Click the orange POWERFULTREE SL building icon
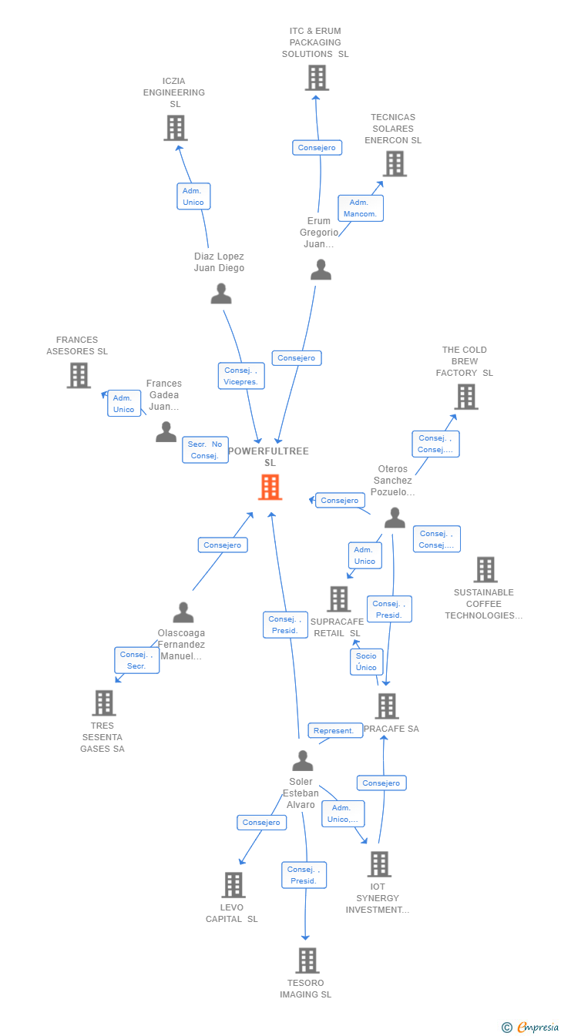(x=270, y=487)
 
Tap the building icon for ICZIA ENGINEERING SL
(x=176, y=128)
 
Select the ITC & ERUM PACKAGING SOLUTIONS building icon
(x=317, y=78)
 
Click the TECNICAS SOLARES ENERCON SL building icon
(x=395, y=163)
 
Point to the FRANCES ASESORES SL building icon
(x=79, y=375)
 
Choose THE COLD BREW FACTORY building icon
(x=466, y=397)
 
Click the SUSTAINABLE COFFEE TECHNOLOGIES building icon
(x=485, y=569)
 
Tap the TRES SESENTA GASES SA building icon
(x=104, y=702)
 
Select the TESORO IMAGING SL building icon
(x=307, y=961)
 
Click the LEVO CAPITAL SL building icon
(x=233, y=885)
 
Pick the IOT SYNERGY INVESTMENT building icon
(x=378, y=864)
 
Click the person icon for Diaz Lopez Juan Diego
(x=221, y=293)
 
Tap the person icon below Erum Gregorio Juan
(x=321, y=270)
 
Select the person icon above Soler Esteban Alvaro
(x=303, y=760)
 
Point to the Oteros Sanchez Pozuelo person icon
(x=395, y=518)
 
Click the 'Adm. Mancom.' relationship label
(x=361, y=208)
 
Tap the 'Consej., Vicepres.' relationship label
(x=241, y=376)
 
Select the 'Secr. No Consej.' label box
(x=206, y=450)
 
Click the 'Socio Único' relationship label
(x=366, y=662)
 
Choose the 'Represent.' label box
(x=334, y=730)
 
